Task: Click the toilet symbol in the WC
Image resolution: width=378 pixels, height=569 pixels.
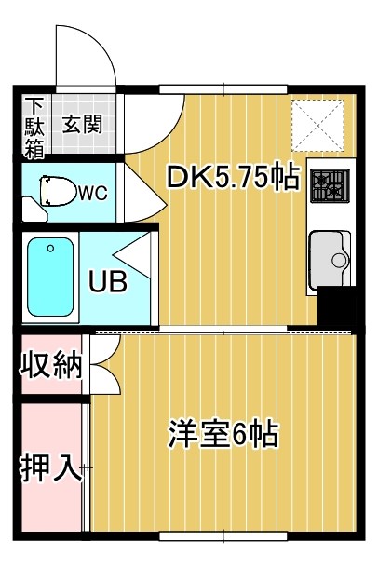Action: point(59,191)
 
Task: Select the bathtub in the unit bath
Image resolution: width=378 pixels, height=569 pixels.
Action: point(49,276)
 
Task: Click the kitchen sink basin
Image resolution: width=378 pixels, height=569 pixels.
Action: point(329,253)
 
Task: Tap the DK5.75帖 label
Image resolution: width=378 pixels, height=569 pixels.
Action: point(232,176)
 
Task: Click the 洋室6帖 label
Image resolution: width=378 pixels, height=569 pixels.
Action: point(223,433)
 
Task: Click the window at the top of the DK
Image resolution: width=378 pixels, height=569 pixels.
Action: point(209,89)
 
